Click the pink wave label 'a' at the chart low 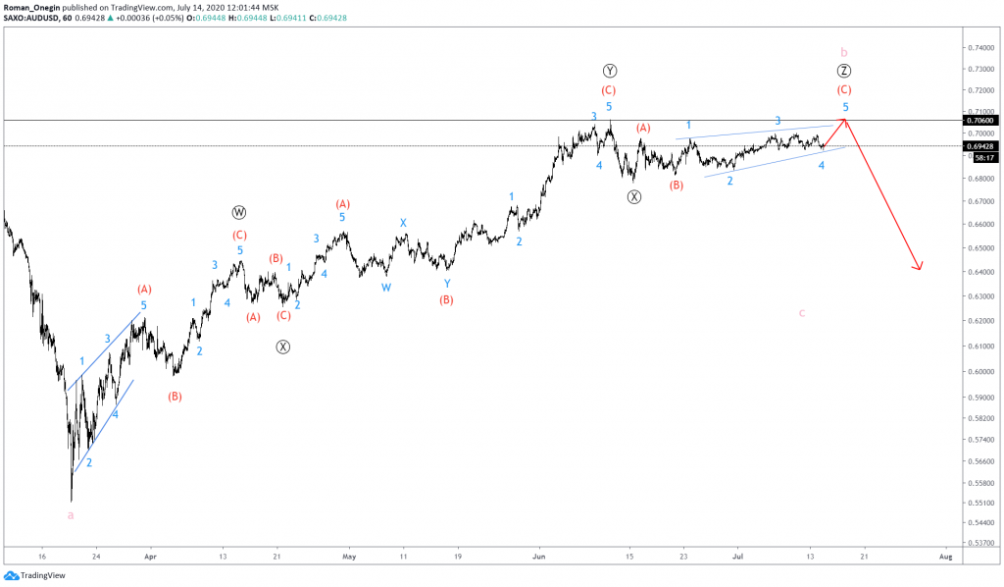(x=70, y=514)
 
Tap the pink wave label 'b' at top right (x=844, y=51)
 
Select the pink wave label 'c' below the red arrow (x=801, y=312)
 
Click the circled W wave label (x=239, y=213)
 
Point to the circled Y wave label (x=610, y=71)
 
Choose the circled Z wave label (x=844, y=71)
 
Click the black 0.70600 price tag (x=980, y=120)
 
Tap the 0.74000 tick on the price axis (x=978, y=47)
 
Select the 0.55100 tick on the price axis (x=978, y=503)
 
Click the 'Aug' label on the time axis (x=944, y=556)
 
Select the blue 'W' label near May (x=386, y=288)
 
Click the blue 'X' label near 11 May (x=403, y=223)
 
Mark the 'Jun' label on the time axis (x=537, y=556)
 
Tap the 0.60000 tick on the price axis (x=978, y=371)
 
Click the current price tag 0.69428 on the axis (x=980, y=145)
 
